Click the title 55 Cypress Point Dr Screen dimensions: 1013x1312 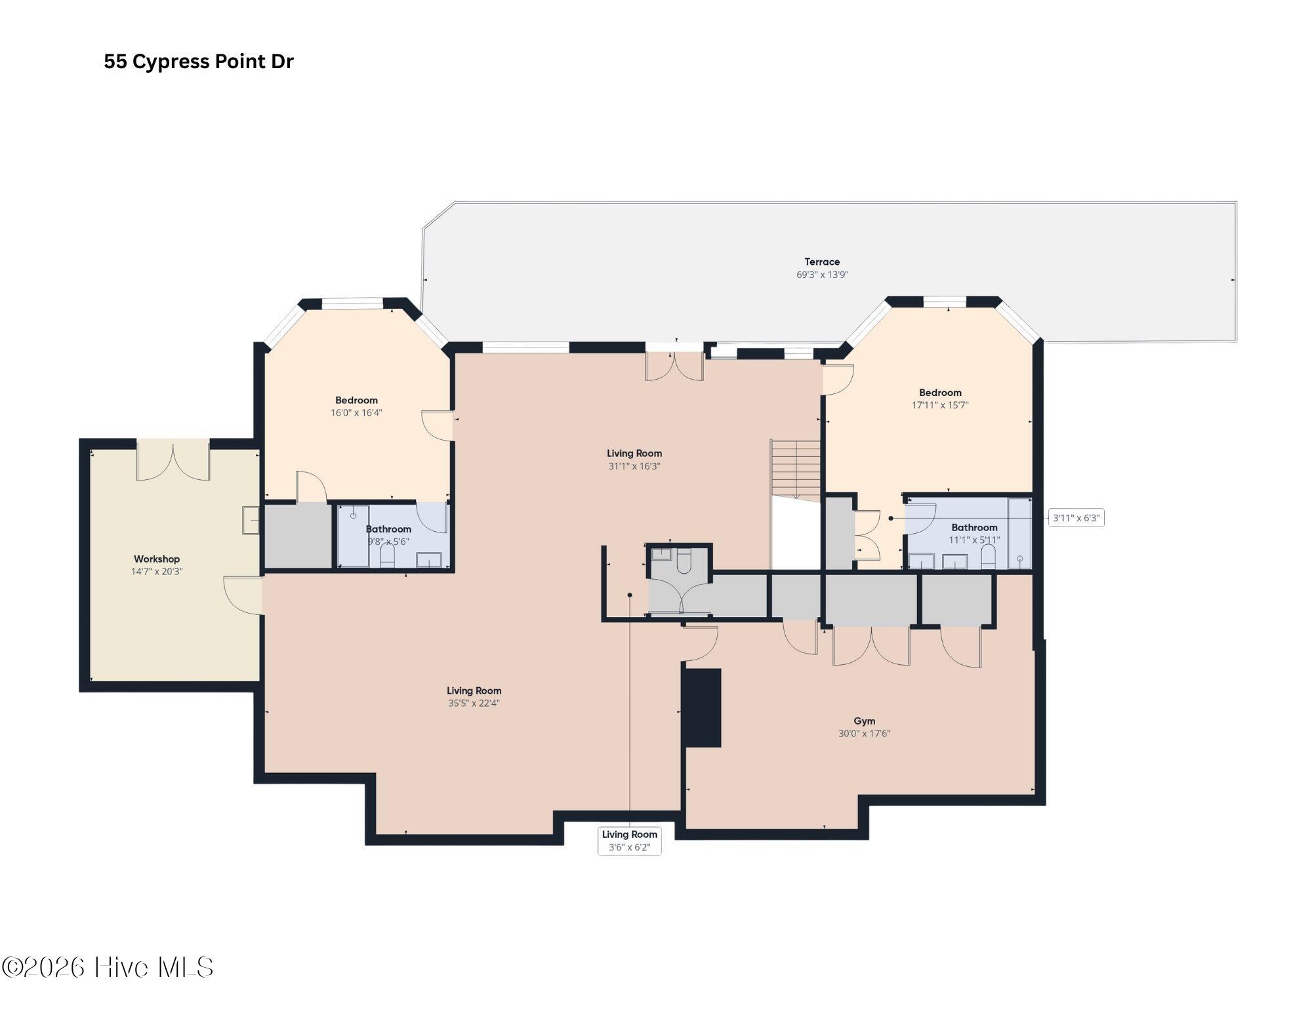(x=199, y=62)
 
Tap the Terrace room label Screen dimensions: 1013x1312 (x=822, y=262)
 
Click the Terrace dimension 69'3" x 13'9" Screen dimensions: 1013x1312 (x=822, y=275)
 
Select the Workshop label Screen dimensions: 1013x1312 (x=157, y=559)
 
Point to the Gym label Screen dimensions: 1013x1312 (x=864, y=721)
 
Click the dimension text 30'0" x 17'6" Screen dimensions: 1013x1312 (x=864, y=734)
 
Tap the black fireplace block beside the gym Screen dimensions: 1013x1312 (x=703, y=707)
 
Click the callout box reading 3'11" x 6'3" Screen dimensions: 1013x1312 (x=1076, y=518)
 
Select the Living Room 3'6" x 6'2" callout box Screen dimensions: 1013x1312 (x=630, y=841)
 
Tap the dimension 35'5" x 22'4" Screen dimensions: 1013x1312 (x=474, y=704)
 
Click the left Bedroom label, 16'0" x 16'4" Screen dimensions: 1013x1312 (x=356, y=400)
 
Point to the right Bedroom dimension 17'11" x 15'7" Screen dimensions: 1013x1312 (x=940, y=405)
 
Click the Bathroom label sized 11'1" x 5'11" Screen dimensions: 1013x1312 (x=974, y=527)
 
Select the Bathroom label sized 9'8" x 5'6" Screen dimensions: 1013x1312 (x=388, y=529)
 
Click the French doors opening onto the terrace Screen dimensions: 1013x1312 (x=674, y=366)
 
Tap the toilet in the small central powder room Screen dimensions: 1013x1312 (x=684, y=561)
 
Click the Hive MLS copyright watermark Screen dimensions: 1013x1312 (x=108, y=968)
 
